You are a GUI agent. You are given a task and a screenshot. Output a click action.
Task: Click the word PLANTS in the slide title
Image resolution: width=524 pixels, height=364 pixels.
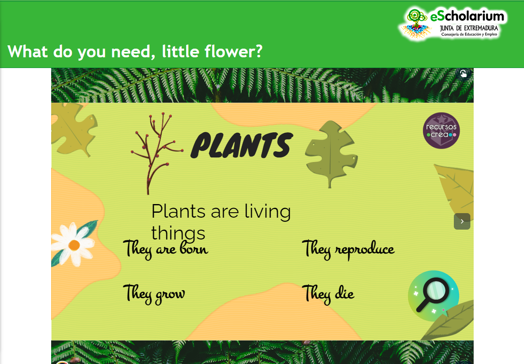click(242, 145)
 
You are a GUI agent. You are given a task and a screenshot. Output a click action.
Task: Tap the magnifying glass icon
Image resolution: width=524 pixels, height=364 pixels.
click(434, 296)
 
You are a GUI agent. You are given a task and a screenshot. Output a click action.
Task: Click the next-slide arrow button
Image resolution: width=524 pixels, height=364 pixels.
click(462, 221)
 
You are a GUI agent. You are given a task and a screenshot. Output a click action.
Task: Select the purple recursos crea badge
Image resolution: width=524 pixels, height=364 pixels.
click(441, 131)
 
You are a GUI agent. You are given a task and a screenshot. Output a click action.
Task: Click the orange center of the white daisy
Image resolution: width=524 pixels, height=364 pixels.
click(74, 245)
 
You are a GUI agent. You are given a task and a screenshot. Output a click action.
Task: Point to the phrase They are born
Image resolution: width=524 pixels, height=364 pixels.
click(165, 249)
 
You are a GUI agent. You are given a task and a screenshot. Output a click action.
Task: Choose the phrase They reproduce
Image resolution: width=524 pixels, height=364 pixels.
click(348, 249)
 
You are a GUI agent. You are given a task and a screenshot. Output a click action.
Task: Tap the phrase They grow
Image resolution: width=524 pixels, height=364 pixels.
click(154, 294)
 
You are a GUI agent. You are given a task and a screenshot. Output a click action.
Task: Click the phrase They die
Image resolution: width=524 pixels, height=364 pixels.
click(328, 294)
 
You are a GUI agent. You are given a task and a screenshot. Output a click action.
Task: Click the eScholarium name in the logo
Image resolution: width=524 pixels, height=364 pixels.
click(467, 16)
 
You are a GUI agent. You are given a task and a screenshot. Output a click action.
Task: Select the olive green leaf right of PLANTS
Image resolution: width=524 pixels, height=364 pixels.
click(331, 154)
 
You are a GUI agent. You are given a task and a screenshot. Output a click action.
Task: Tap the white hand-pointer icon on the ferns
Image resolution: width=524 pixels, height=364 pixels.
click(463, 73)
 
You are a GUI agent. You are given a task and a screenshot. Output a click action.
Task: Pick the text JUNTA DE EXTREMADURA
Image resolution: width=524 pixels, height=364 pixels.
click(469, 28)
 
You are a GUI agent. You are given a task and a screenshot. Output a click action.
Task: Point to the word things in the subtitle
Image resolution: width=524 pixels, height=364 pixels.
click(178, 233)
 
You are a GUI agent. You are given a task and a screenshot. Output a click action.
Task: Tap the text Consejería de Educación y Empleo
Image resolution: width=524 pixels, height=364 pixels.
click(469, 34)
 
